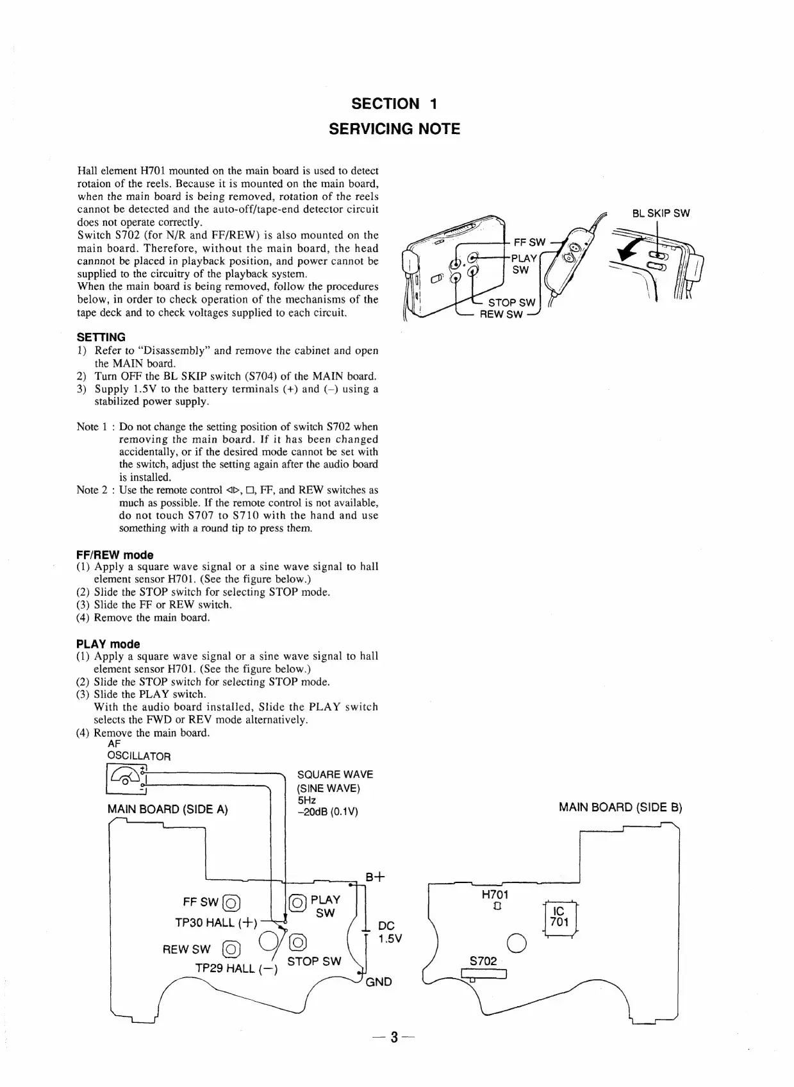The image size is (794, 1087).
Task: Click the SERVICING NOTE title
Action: pos(394,129)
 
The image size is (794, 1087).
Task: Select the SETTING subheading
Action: pos(101,337)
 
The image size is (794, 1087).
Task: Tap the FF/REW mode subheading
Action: pos(115,555)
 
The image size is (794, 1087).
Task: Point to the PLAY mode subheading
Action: pos(108,644)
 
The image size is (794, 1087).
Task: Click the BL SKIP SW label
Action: pos(660,214)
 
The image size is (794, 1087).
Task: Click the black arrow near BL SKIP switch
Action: pos(629,253)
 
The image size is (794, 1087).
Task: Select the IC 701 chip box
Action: pos(559,918)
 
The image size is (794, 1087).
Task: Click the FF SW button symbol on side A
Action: pos(231,903)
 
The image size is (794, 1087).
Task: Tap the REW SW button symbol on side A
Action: pos(231,949)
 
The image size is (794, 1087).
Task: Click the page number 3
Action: pos(395,1055)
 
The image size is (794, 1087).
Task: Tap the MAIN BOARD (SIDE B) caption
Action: pos(620,807)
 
